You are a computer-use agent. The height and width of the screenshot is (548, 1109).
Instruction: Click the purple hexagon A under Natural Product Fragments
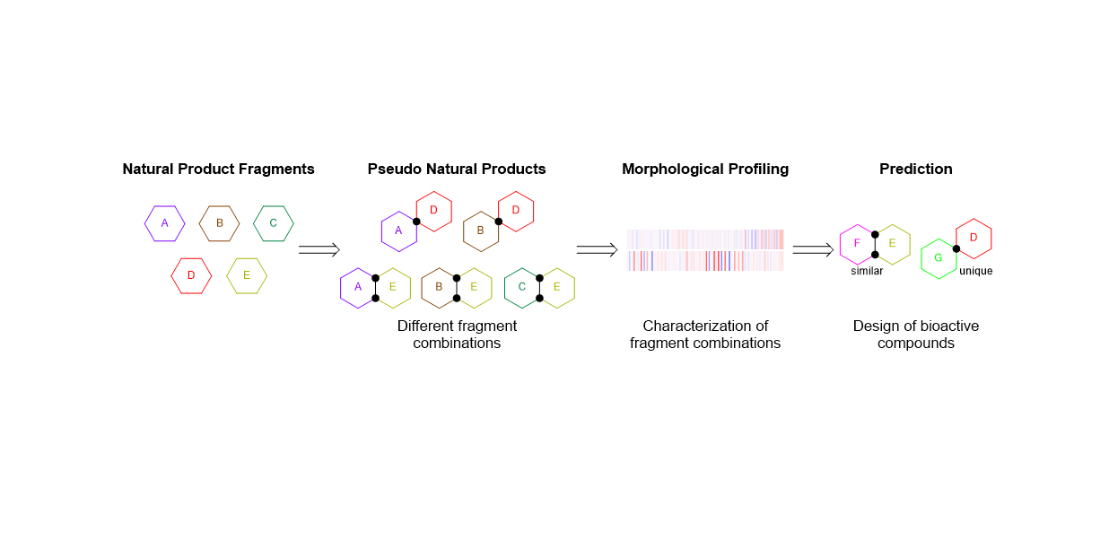click(164, 223)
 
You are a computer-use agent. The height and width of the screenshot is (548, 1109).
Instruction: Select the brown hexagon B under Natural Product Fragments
click(219, 223)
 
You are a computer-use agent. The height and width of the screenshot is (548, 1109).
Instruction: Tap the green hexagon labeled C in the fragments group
click(274, 223)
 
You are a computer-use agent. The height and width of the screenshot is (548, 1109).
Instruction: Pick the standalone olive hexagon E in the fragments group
click(247, 275)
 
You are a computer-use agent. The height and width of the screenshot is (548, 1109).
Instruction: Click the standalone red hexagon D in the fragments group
click(191, 275)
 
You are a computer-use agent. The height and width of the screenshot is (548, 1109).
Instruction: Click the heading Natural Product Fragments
click(218, 169)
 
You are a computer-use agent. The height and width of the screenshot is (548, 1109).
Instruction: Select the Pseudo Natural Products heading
click(457, 169)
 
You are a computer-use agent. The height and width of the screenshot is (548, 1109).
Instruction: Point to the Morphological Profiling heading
click(705, 169)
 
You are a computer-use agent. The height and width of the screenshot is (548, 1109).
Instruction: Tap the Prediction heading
click(915, 169)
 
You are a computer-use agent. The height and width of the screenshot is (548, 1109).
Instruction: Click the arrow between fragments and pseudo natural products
click(319, 249)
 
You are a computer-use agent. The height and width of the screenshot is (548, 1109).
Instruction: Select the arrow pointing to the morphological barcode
click(596, 249)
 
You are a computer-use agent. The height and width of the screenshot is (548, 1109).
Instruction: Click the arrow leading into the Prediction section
click(813, 249)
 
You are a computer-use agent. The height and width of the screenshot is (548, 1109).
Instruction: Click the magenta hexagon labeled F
click(857, 244)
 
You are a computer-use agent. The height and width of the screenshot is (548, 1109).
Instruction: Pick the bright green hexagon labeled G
click(939, 258)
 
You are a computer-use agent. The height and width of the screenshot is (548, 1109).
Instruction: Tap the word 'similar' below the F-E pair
click(867, 271)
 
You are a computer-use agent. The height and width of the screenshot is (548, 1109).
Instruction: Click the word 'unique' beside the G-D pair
click(975, 271)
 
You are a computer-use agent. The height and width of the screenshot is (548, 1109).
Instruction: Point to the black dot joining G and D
click(956, 248)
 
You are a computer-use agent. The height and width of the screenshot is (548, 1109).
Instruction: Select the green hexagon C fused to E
click(521, 287)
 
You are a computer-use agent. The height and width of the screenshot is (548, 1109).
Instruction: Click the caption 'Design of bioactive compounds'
click(915, 335)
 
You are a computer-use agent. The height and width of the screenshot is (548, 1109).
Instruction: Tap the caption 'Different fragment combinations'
click(457, 335)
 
